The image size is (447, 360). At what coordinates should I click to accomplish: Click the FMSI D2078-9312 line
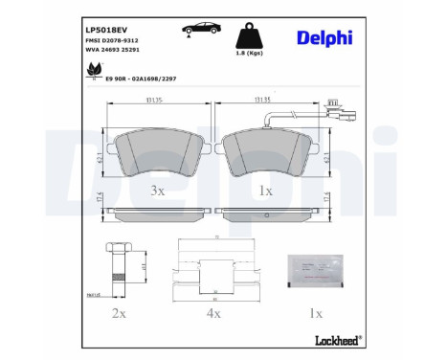[105, 43]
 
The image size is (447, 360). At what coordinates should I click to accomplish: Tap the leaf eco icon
[94, 69]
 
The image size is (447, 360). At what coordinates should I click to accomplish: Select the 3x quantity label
[159, 191]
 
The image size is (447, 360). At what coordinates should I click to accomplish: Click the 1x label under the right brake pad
[265, 191]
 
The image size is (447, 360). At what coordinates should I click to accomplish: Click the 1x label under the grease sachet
[317, 314]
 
